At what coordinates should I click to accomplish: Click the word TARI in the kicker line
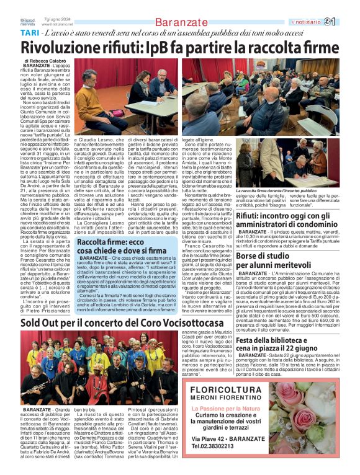coord(29,32)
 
